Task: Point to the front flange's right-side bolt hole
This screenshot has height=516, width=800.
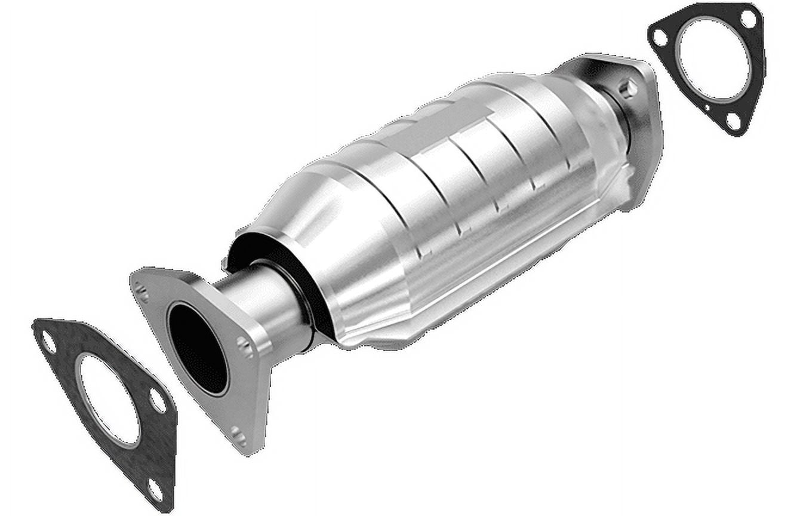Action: tap(244, 346)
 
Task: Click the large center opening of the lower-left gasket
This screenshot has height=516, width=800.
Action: tap(110, 400)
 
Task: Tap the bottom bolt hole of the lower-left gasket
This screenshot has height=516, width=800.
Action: tap(155, 490)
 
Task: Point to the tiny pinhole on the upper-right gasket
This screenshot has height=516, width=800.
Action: tap(707, 108)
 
